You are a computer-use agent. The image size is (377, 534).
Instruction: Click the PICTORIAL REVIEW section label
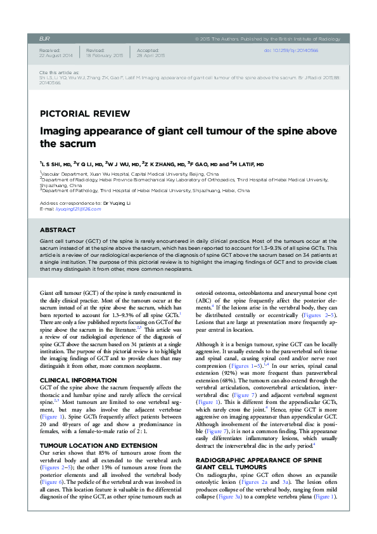85,114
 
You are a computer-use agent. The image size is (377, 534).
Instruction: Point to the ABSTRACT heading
58,230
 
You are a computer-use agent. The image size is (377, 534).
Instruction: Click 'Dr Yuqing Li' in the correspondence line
115,203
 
